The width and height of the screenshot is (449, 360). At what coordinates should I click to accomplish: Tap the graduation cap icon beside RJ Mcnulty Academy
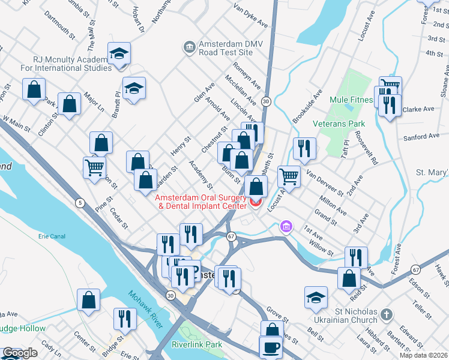click(119, 54)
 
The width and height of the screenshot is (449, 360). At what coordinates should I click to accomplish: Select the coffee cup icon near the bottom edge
click(271, 347)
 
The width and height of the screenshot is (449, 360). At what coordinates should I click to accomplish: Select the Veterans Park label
click(339, 124)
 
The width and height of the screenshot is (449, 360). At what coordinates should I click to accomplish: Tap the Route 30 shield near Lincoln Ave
click(266, 101)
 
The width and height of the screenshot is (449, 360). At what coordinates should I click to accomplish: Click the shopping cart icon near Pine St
click(95, 167)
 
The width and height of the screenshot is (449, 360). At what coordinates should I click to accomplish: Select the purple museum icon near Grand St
click(286, 227)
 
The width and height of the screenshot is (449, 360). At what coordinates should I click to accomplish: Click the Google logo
click(20, 353)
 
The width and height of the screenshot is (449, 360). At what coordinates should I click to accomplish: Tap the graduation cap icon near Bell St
click(316, 298)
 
